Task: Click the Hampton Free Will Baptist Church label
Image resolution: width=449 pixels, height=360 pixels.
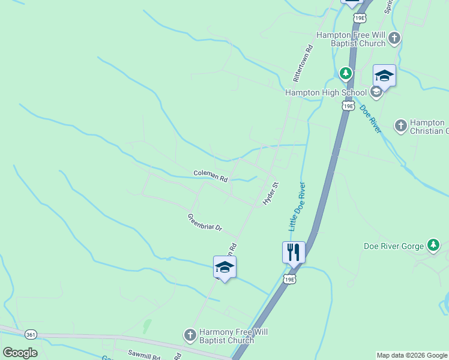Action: [x=351, y=39]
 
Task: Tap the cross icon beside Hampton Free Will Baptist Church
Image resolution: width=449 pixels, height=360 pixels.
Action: [x=394, y=39]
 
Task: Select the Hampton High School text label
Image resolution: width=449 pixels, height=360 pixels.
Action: [x=325, y=92]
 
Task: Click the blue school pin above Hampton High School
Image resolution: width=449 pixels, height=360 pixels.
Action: [x=384, y=76]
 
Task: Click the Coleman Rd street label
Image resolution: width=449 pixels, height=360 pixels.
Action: [x=211, y=175]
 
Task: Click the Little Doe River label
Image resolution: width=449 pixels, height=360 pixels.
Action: [x=297, y=207]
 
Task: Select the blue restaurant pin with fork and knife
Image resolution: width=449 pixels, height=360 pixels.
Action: [x=294, y=252]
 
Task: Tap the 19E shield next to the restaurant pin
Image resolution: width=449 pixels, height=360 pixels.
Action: [x=290, y=280]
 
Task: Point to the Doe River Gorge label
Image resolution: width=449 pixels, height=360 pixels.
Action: [x=394, y=245]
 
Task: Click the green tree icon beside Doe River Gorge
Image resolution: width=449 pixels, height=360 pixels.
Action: [x=433, y=245]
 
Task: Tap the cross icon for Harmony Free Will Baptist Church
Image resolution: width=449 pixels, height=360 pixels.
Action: [x=190, y=335]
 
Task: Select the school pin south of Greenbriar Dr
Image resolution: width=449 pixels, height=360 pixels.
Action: [x=224, y=268]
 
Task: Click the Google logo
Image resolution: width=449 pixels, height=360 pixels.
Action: [x=20, y=352]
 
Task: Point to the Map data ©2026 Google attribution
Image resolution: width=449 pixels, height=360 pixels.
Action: [x=411, y=355]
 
